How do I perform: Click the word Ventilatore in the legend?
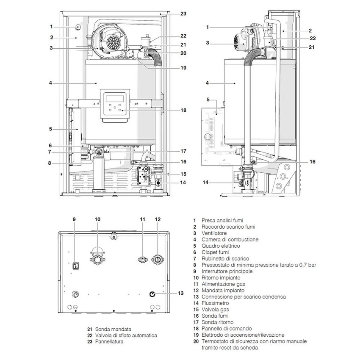(x=214, y=233)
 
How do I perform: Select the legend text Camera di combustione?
(x=230, y=239)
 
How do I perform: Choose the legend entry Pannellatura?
(x=109, y=341)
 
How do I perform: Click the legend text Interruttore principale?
(x=227, y=271)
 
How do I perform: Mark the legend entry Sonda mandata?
(x=113, y=329)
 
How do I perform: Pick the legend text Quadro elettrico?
(x=221, y=246)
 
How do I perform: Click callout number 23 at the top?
(x=183, y=14)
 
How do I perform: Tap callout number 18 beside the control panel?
(x=183, y=110)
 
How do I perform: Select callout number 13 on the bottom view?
(x=180, y=293)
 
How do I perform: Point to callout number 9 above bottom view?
(x=74, y=219)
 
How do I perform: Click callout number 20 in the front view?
(x=183, y=53)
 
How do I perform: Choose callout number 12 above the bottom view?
(x=158, y=219)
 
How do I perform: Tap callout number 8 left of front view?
(x=50, y=163)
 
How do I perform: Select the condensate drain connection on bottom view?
(x=152, y=294)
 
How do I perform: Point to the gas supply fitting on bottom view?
(x=143, y=259)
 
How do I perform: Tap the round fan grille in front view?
(x=113, y=42)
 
